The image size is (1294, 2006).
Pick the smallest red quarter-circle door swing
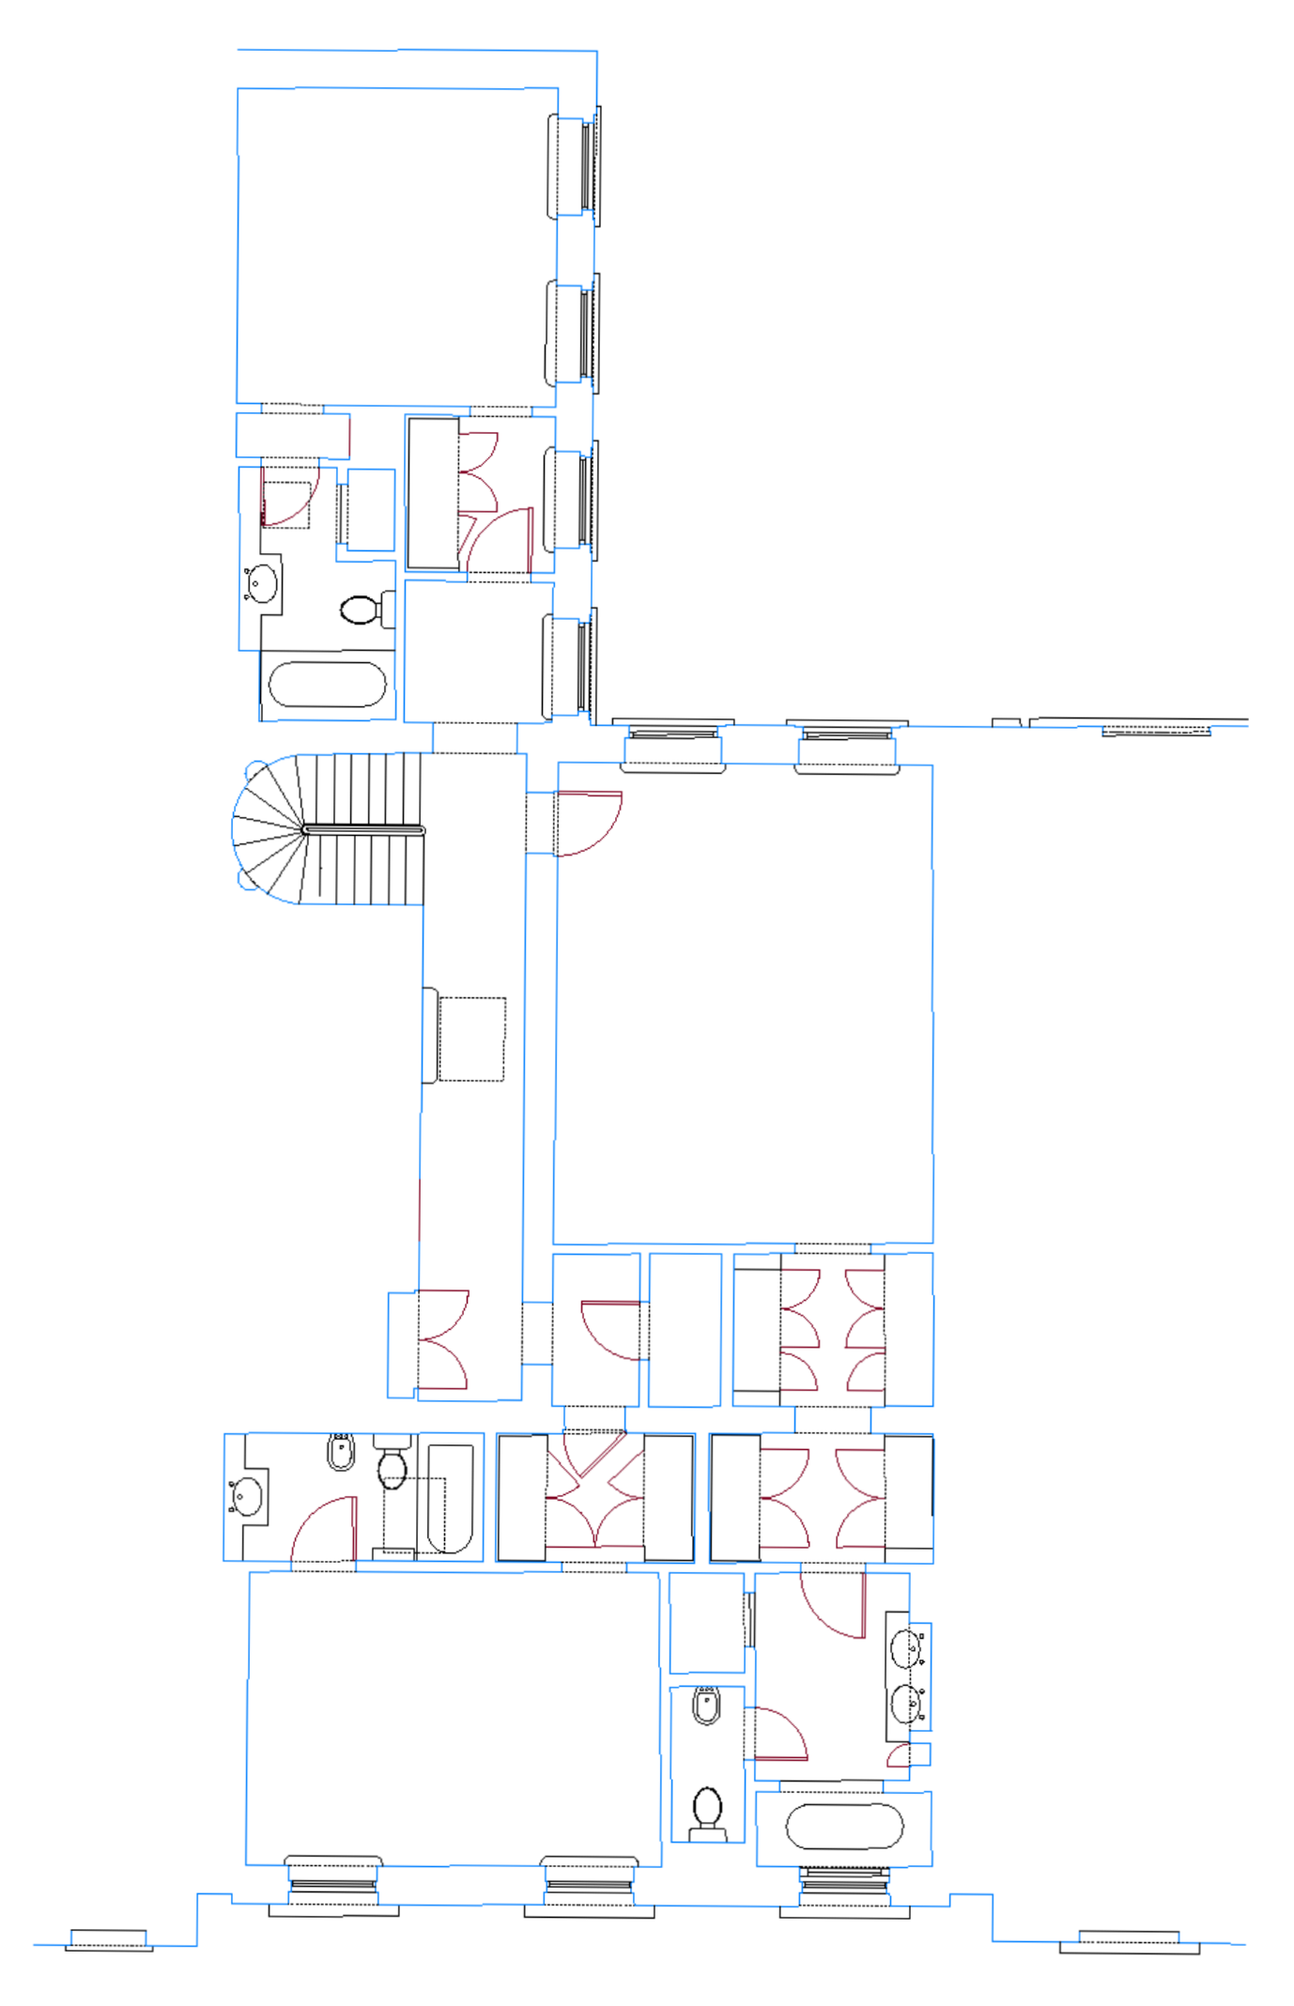pyautogui.click(x=899, y=1755)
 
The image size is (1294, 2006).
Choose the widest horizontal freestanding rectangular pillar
pyautogui.click(x=461, y=1885)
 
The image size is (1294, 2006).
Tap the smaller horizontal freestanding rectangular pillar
pyautogui.click(x=760, y=744)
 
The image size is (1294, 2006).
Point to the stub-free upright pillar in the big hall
pyautogui.click(x=575, y=250)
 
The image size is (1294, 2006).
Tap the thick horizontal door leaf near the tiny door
pyautogui.click(x=781, y=1758)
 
